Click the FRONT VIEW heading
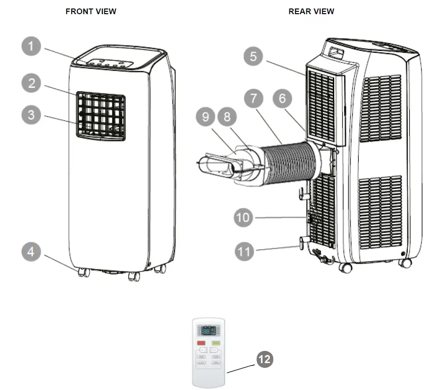tap(91, 11)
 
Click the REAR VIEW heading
tap(311, 11)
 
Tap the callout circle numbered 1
tap(32, 47)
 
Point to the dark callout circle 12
tap(265, 359)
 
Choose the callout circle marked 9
tap(205, 117)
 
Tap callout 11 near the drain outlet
tap(245, 251)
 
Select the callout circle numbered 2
tap(32, 84)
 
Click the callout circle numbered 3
tap(32, 115)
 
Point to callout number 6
tap(282, 99)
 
